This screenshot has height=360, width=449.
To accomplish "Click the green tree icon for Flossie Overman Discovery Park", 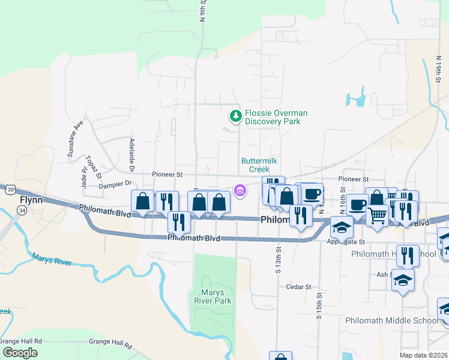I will [x=237, y=116].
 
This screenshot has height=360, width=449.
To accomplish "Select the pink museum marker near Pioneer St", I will [x=240, y=191].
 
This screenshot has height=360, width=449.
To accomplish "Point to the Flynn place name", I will [x=31, y=200].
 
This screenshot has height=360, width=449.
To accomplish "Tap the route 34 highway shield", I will [x=22, y=211].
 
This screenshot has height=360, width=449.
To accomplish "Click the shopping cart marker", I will [x=377, y=215].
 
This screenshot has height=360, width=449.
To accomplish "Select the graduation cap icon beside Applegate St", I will [x=342, y=227].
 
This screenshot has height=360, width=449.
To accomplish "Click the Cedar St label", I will [x=298, y=287].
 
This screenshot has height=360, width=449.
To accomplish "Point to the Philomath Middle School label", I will [x=391, y=320].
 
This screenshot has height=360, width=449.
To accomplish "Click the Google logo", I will [x=20, y=353].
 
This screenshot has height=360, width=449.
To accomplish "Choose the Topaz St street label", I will [x=94, y=167].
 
